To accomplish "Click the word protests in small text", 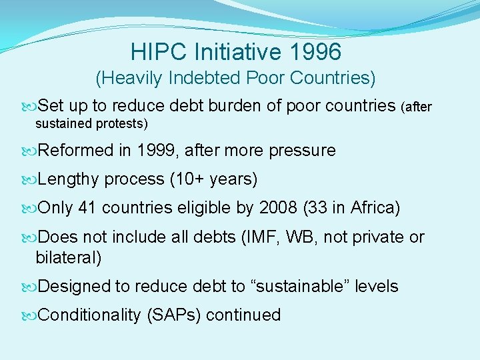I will point(124,123).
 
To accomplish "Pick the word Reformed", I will point(76,151).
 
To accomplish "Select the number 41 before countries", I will point(87,209).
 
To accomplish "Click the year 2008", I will point(277,209).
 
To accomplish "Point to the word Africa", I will point(371,209).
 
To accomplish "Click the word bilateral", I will point(67,257).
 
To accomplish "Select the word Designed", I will point(74,287).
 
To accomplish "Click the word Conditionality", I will point(89,315).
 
